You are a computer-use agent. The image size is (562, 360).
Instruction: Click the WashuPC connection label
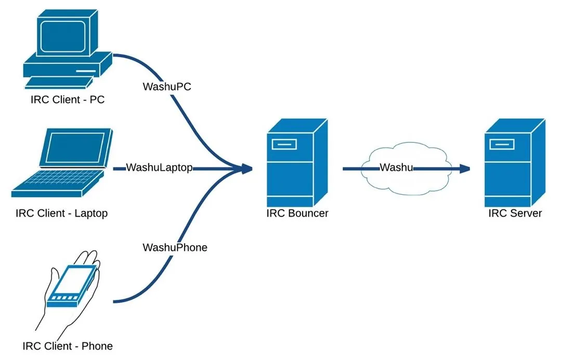click(167, 86)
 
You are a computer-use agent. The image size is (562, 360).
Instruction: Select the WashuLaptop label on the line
click(160, 167)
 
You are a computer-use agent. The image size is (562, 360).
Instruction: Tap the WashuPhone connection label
click(175, 247)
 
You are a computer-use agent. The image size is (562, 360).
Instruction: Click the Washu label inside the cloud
click(396, 167)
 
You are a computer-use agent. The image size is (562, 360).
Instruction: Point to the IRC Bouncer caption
click(297, 213)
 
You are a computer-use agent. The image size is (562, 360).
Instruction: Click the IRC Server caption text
click(515, 213)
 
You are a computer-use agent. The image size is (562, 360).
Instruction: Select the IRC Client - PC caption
click(68, 99)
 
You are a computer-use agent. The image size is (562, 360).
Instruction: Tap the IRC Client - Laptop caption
click(62, 213)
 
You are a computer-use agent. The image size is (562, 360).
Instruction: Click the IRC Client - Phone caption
click(68, 346)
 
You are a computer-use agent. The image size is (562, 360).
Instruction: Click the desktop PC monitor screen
click(63, 36)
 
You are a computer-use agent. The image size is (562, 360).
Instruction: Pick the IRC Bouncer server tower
click(297, 163)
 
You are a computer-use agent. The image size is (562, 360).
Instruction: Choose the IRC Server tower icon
click(515, 163)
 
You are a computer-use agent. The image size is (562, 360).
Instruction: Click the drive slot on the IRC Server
click(502, 144)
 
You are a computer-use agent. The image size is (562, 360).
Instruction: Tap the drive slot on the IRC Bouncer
click(284, 144)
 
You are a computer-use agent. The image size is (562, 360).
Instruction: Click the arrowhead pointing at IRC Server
click(465, 168)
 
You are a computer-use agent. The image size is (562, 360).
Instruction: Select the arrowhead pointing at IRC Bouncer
click(247, 168)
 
